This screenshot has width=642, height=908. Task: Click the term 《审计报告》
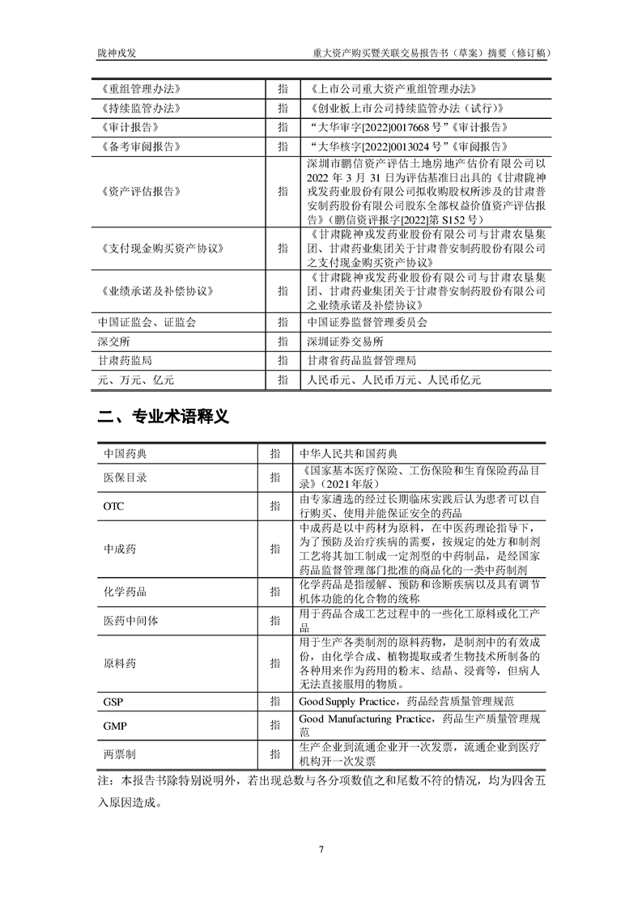[127, 127]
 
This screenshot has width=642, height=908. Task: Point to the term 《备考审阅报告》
[137, 146]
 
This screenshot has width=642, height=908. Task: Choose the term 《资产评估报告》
[137, 191]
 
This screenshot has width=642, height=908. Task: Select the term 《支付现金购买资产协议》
[158, 248]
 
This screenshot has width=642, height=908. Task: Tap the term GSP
[113, 700]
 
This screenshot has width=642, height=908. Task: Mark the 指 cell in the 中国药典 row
[275, 454]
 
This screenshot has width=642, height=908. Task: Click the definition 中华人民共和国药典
[348, 454]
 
